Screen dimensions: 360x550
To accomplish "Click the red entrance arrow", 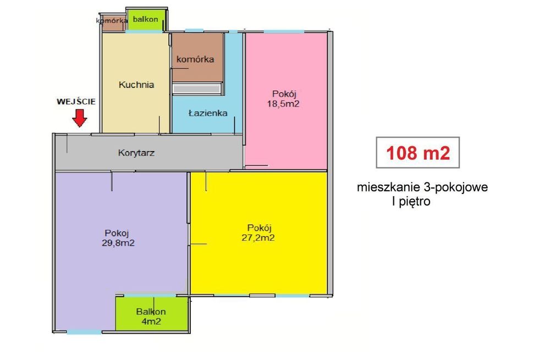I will [x=80, y=117].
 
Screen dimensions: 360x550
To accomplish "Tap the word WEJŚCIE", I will [x=76, y=102].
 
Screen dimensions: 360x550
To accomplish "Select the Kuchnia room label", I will [x=136, y=85].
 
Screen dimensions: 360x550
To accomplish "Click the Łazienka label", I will [x=208, y=114].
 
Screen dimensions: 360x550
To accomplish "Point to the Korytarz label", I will [x=136, y=153].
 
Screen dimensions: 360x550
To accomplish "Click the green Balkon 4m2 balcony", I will [x=151, y=315].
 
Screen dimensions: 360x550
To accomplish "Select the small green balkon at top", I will [x=145, y=20].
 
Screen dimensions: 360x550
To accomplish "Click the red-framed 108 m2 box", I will [x=418, y=152].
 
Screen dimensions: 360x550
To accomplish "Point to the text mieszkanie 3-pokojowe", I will [x=422, y=187].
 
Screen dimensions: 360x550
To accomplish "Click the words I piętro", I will [x=410, y=201].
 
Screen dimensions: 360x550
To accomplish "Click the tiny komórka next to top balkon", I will [x=112, y=22].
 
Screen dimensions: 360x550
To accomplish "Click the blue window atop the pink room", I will [x=283, y=31].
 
